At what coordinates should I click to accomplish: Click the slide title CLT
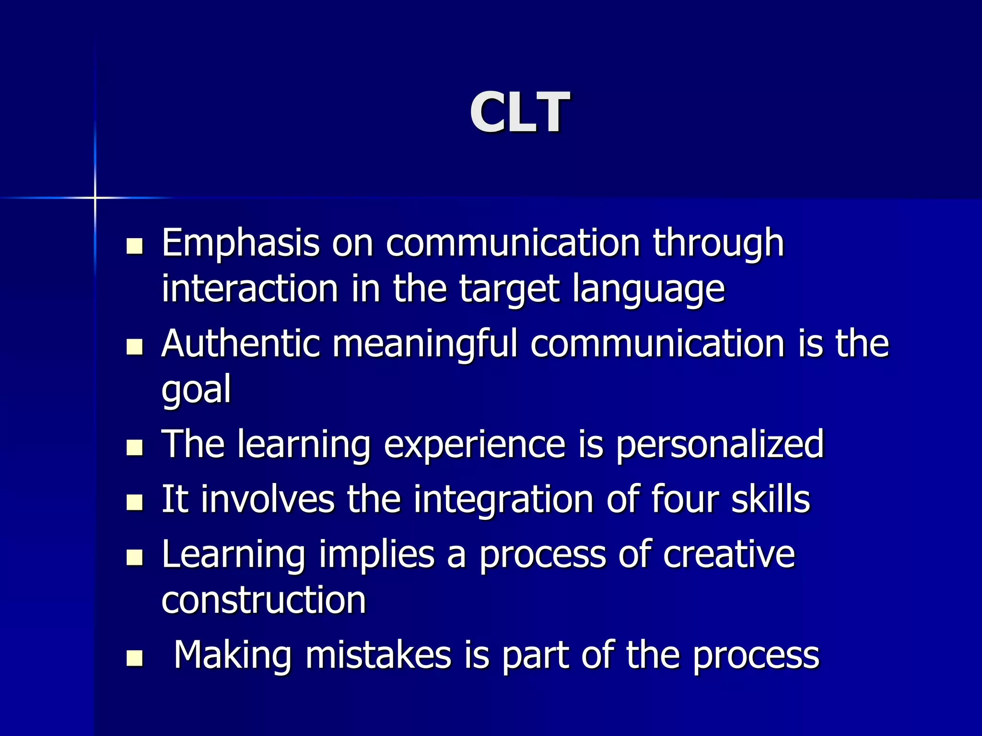(x=519, y=113)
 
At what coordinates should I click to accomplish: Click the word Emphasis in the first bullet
(x=240, y=243)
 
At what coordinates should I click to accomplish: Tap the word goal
(x=196, y=389)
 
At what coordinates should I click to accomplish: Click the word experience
(x=474, y=444)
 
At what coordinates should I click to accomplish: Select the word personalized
(x=719, y=444)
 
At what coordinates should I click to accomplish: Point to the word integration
(x=503, y=499)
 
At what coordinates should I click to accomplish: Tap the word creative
(x=729, y=554)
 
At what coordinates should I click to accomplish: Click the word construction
(x=263, y=599)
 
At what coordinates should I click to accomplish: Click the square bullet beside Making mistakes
(x=135, y=658)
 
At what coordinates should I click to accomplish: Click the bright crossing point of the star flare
(x=95, y=197)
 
